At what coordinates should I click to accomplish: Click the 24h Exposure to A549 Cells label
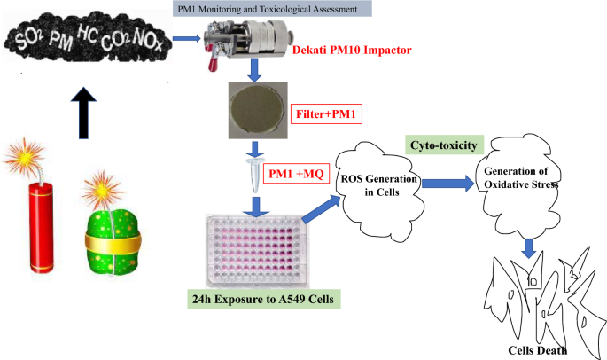(x=264, y=299)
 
